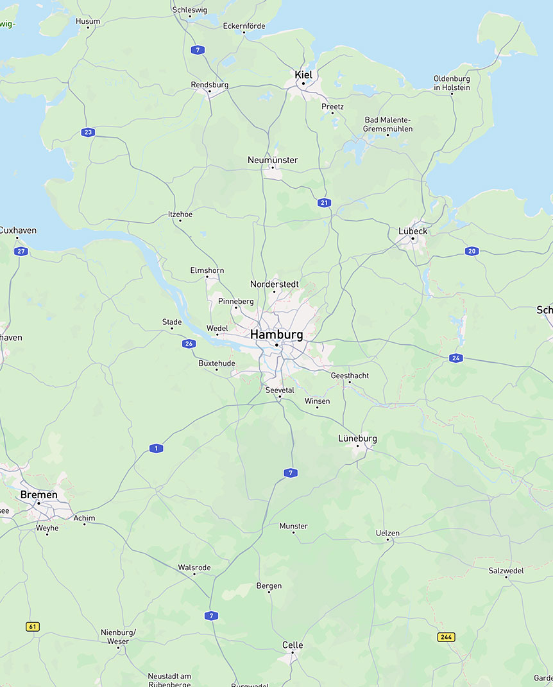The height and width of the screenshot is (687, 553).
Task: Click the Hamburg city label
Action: (x=276, y=335)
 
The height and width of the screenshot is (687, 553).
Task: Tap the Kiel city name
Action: (x=303, y=74)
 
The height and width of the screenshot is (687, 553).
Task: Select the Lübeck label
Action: (x=413, y=231)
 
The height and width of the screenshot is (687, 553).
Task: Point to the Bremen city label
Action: (x=38, y=494)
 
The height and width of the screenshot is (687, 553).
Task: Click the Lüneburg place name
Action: (x=357, y=439)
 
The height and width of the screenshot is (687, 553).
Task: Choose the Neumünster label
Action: (x=273, y=160)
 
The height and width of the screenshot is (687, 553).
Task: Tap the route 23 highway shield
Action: (x=89, y=132)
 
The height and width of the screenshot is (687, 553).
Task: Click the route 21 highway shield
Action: (x=325, y=203)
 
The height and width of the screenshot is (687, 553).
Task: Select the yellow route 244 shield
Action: (x=447, y=637)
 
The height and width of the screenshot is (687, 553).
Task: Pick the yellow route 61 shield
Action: (x=33, y=626)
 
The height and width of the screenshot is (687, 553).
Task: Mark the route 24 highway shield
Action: (x=456, y=358)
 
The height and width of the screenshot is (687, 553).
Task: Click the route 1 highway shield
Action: (x=156, y=448)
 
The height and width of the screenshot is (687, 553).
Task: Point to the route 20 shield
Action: (x=472, y=251)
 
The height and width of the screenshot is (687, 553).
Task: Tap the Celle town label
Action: (x=293, y=645)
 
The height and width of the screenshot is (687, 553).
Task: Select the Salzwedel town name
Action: (x=506, y=570)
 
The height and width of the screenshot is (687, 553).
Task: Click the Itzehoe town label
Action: (x=180, y=214)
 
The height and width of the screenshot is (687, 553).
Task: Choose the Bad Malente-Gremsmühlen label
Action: (x=388, y=124)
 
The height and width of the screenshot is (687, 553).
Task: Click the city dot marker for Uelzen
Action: (x=388, y=540)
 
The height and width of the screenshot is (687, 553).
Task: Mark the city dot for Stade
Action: (x=172, y=328)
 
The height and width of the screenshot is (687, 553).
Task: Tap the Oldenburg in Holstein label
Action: (x=452, y=83)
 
